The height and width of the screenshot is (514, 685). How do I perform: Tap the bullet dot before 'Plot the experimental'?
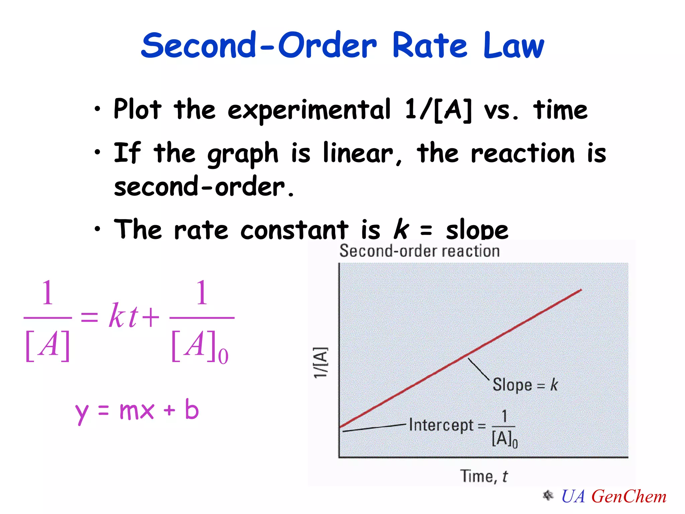coord(97,109)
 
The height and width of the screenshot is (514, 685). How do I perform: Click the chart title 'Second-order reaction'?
coord(419,251)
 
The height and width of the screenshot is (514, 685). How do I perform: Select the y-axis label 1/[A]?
coord(320,363)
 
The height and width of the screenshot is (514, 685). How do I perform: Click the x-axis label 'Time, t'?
coord(484,476)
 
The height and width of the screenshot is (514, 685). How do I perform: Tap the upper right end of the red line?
coord(581,290)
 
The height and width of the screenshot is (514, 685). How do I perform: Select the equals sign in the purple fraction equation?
coord(89,317)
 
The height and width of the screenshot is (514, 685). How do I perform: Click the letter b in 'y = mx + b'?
coord(192,409)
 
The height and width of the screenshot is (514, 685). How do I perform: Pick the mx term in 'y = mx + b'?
coord(136,411)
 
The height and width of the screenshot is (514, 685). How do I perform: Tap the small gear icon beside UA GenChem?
coord(548,495)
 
